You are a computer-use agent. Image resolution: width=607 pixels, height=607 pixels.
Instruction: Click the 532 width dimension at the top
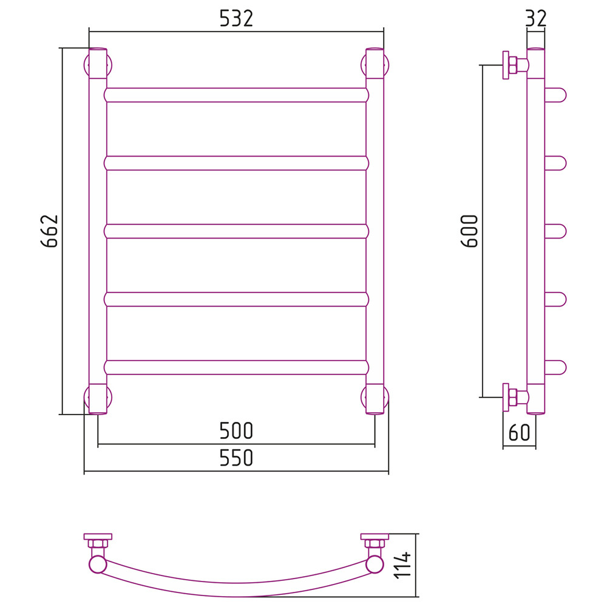point(236,19)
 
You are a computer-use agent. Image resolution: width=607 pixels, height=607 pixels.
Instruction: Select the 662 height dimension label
point(50,231)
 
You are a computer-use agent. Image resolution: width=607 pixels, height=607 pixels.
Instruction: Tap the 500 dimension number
point(236,430)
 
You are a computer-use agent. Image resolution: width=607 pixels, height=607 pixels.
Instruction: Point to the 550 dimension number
point(236,458)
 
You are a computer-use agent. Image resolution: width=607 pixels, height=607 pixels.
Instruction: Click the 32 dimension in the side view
point(536,19)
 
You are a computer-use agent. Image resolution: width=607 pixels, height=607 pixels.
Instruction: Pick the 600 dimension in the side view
point(470,231)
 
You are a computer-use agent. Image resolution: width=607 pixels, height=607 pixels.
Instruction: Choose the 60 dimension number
point(519,432)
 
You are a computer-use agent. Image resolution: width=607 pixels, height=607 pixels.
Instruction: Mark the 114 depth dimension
point(402,566)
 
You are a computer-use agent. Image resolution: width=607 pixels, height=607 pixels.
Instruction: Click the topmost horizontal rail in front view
point(236,95)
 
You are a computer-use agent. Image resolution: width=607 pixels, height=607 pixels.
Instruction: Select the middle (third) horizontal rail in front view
point(236,231)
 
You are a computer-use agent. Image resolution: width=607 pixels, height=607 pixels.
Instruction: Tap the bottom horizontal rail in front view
point(236,367)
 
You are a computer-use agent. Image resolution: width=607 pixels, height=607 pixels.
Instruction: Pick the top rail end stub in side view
point(555,95)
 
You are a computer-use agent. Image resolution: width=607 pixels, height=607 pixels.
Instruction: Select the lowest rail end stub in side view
point(555,367)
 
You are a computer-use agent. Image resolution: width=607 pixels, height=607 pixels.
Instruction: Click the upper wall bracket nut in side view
point(512,65)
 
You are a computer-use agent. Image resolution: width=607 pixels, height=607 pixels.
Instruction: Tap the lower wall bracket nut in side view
point(512,398)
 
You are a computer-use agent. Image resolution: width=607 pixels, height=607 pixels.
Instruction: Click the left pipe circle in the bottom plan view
point(98,564)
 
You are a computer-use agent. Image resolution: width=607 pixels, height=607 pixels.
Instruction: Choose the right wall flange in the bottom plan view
point(375,537)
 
